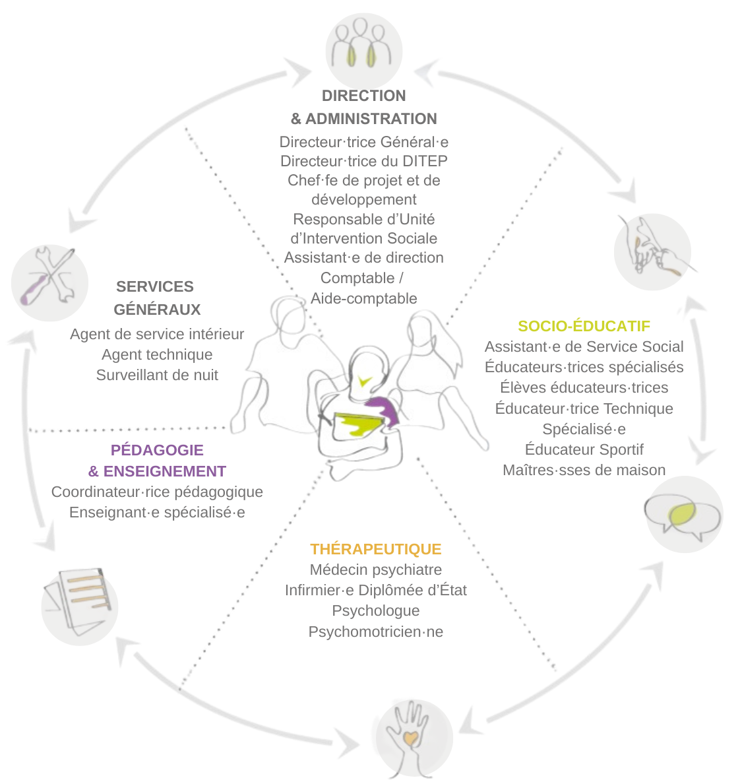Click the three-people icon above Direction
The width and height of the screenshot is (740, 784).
[363, 46]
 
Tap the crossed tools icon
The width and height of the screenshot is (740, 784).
[49, 282]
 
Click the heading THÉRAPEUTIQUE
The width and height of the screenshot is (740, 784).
[376, 549]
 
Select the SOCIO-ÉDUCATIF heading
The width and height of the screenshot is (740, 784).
[584, 326]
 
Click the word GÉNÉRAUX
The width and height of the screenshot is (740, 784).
[157, 310]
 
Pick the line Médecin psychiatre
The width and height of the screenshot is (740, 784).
[376, 570]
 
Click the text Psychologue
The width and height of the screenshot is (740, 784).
[376, 610]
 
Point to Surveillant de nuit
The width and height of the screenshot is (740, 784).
[157, 375]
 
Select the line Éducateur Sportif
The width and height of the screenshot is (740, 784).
[584, 449]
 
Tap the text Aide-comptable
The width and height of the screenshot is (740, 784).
[364, 298]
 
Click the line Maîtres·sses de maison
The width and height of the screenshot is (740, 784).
[584, 470]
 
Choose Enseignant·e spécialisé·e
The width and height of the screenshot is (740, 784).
[157, 512]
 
